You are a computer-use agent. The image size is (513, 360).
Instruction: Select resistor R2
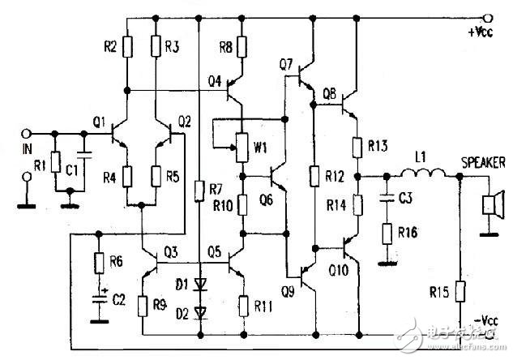click(x=128, y=46)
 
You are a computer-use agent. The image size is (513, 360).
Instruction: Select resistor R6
click(x=99, y=263)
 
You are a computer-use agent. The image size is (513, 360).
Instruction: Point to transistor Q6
click(x=275, y=174)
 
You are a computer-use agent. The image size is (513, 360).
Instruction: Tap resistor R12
click(x=314, y=175)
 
